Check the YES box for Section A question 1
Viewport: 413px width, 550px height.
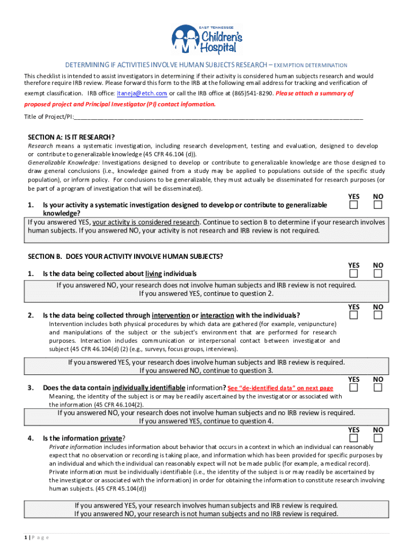click(353, 205)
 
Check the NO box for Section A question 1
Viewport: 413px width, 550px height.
click(378, 205)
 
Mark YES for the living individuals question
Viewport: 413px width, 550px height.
click(353, 274)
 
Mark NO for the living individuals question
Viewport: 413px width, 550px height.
click(378, 274)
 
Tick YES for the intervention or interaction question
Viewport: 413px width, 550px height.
click(353, 315)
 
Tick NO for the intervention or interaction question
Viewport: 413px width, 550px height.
click(378, 315)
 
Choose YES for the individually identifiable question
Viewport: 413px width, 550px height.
click(353, 388)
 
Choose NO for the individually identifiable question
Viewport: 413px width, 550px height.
click(378, 388)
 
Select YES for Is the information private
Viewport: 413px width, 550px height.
click(353, 438)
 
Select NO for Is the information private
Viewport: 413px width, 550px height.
click(378, 438)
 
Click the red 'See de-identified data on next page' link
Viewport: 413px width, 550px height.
click(280, 388)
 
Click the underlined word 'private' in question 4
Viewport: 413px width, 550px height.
click(112, 438)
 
